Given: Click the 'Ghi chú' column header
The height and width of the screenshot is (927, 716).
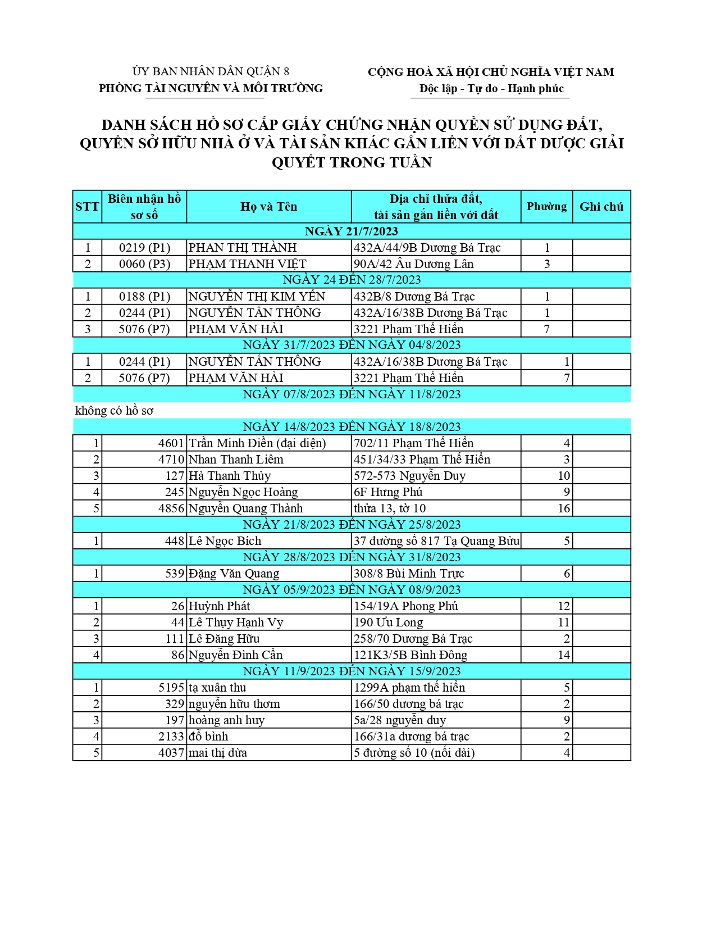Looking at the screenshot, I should (601, 207).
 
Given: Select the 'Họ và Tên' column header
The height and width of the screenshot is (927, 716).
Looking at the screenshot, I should (268, 207).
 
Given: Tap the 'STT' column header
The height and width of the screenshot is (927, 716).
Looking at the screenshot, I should (87, 207).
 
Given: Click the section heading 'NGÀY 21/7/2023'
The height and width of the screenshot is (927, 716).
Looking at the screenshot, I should (351, 231).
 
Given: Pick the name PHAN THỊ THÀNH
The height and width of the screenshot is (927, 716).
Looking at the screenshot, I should (243, 248).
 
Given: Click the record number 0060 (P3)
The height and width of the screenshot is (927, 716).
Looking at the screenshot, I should (144, 264).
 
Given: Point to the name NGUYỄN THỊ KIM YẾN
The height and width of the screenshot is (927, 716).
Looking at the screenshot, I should (257, 297).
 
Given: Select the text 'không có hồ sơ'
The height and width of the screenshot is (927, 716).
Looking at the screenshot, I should (114, 411).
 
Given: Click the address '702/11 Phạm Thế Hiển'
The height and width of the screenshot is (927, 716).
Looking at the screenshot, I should (413, 443).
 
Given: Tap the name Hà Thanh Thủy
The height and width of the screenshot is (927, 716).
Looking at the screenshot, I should (230, 476).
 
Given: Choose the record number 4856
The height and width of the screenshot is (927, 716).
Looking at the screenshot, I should (171, 508).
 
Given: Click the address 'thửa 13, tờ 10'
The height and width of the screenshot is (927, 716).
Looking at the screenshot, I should (390, 508).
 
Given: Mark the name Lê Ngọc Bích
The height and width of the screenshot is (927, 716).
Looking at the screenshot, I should (225, 541).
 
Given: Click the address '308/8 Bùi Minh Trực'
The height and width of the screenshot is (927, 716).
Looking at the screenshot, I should (409, 574).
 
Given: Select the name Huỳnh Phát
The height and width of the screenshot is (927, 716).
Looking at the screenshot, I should (219, 606).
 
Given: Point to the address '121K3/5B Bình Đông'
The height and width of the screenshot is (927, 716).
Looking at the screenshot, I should (411, 655).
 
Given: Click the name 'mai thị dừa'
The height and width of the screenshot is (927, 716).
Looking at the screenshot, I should (218, 753).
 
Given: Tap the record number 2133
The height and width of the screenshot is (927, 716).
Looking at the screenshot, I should (171, 737).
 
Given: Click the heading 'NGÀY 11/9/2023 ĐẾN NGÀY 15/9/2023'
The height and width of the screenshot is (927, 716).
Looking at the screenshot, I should (351, 671).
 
